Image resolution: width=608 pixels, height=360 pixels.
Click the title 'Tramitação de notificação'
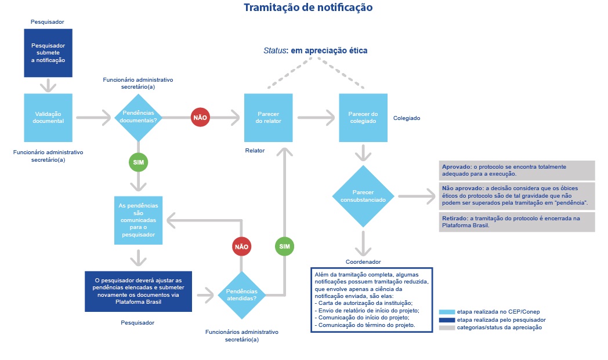[308, 8]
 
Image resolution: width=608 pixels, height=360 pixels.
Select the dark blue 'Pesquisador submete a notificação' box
[48, 53]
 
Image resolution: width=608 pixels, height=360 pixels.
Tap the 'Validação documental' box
[48, 118]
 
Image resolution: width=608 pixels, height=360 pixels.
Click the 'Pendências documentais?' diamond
[139, 117]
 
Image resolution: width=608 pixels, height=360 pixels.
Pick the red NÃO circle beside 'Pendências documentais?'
[200, 118]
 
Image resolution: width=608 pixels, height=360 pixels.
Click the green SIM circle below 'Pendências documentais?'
[139, 162]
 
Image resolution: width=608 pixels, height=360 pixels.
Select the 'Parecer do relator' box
[269, 118]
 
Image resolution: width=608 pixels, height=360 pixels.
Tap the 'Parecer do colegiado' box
[363, 118]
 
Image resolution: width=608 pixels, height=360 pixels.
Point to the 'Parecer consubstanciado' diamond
[363, 196]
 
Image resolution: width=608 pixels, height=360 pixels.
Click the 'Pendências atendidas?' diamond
[241, 295]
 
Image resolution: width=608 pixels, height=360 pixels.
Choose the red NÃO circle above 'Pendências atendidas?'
[241, 246]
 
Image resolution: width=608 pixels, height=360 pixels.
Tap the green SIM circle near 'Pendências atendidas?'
[285, 246]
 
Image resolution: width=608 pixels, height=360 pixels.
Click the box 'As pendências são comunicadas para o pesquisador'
[139, 220]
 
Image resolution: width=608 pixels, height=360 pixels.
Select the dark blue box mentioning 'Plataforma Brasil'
[139, 292]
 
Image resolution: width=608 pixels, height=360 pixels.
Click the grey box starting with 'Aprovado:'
[517, 170]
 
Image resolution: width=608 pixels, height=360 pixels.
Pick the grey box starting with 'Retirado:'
[517, 222]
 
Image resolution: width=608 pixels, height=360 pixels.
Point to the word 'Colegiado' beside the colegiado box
[406, 118]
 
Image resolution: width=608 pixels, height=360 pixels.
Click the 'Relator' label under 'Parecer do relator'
[255, 150]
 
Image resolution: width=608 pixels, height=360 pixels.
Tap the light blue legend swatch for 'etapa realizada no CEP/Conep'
[447, 312]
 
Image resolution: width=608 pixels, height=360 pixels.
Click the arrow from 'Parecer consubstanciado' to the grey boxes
[417, 196]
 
